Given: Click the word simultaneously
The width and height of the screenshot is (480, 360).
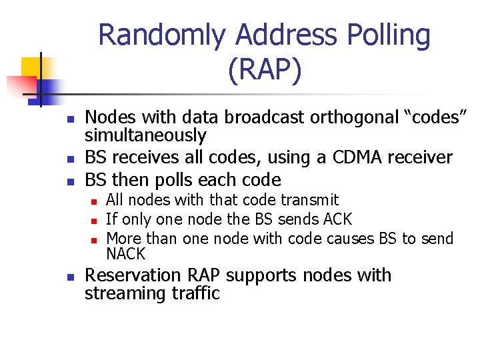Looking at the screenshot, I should coord(145,135).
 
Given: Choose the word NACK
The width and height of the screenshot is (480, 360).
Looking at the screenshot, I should coord(125,254).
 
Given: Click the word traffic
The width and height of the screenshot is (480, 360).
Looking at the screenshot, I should coord(198,294).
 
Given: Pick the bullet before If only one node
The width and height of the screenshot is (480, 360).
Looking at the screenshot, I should coord(95,219).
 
